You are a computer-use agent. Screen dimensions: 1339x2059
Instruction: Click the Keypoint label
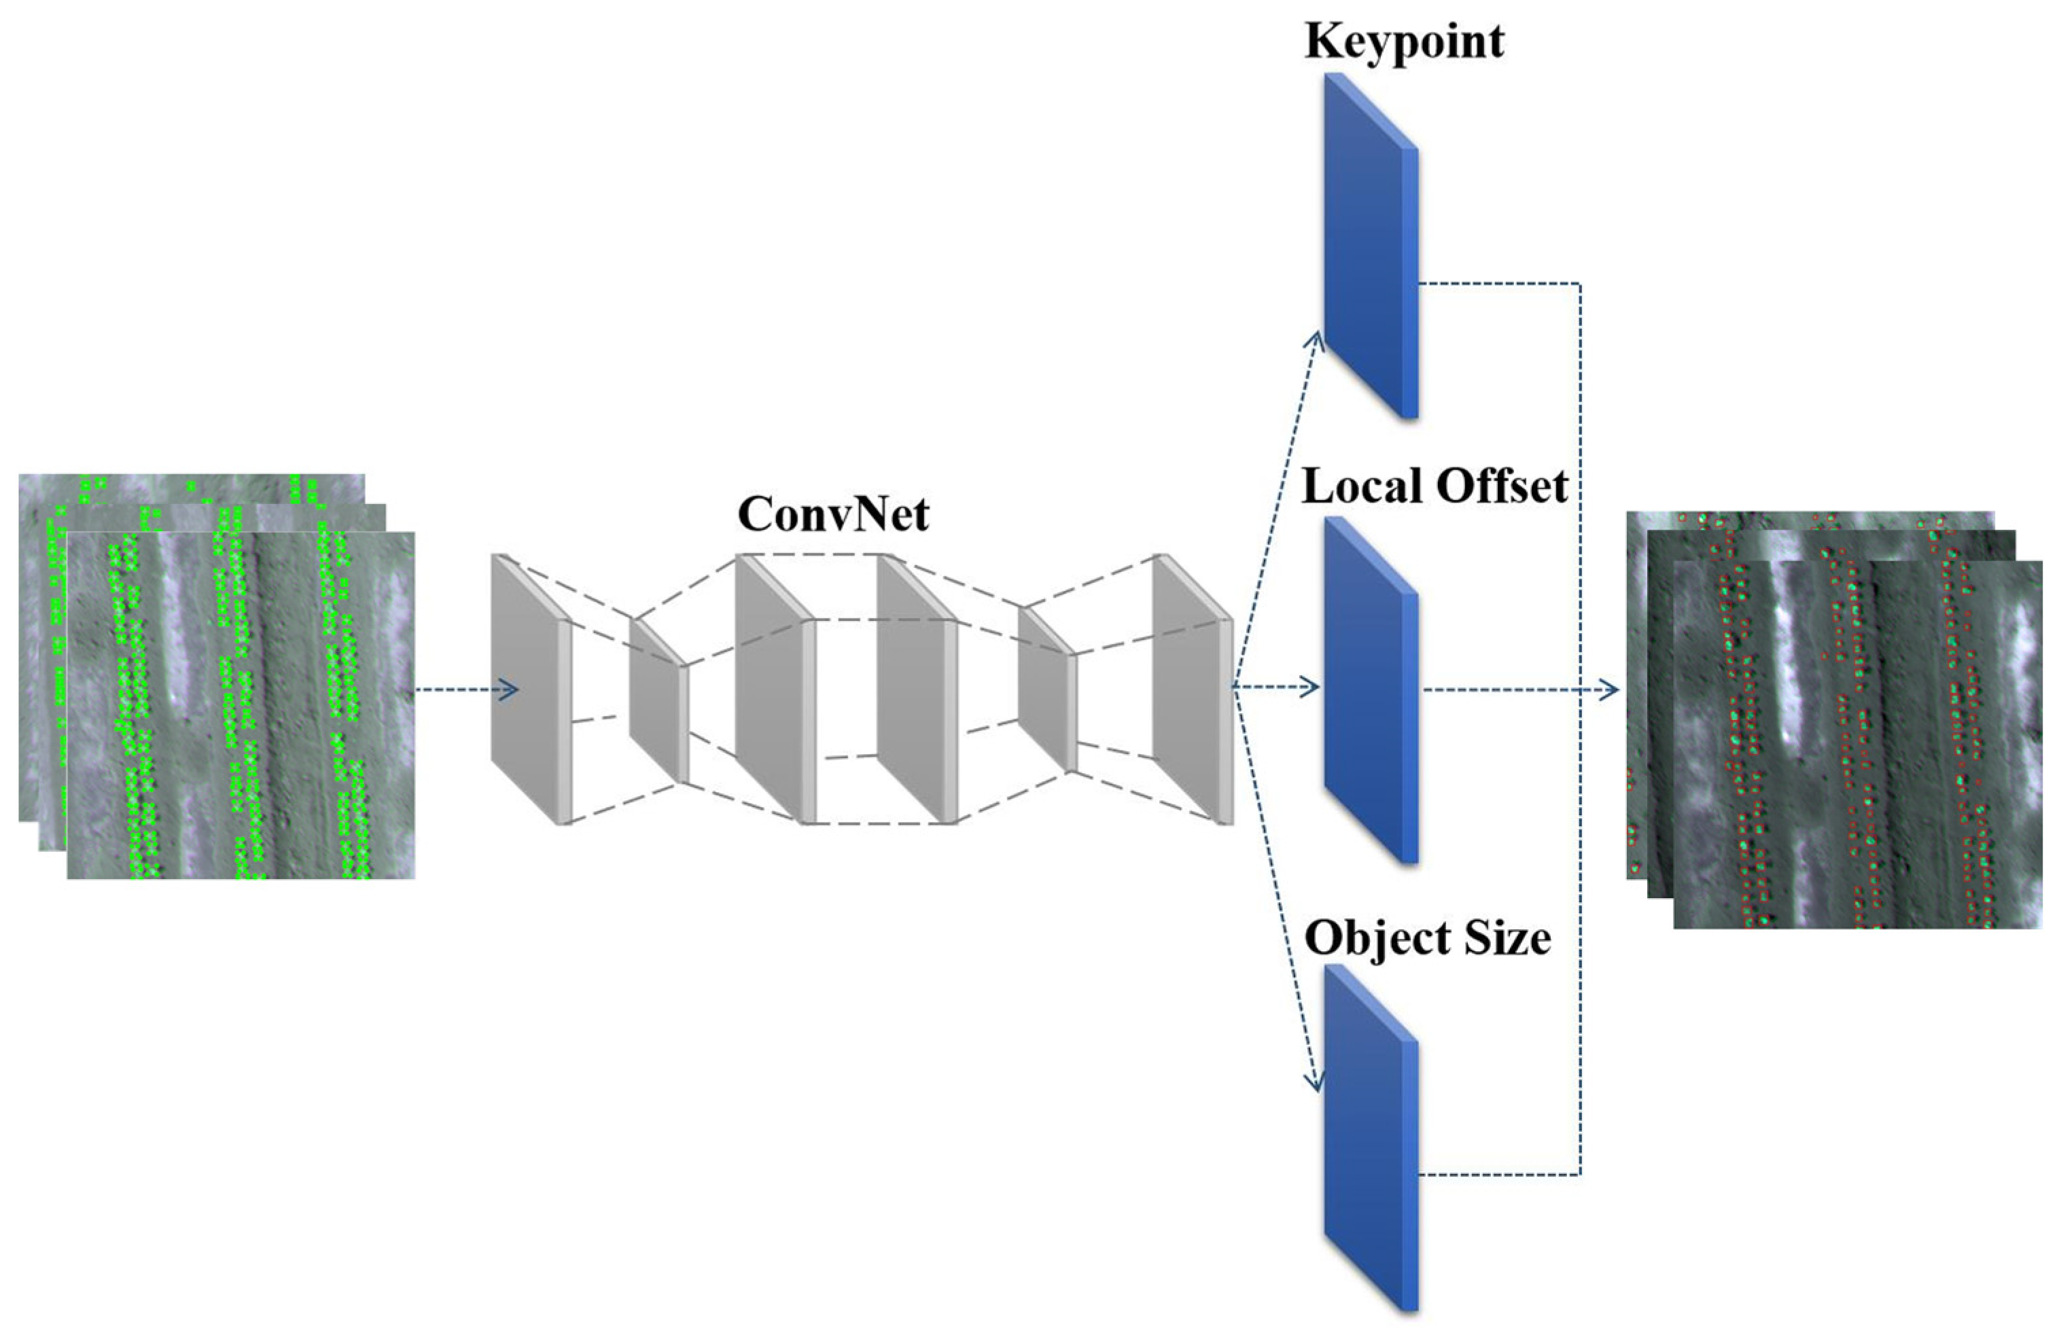pos(1404,41)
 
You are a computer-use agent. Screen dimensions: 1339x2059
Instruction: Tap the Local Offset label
pos(1435,487)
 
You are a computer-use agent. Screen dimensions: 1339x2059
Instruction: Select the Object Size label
pos(1428,938)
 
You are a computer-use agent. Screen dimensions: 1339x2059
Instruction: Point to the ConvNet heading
pos(833,515)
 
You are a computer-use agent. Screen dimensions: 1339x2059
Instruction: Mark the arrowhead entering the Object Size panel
pos(1316,1083)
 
